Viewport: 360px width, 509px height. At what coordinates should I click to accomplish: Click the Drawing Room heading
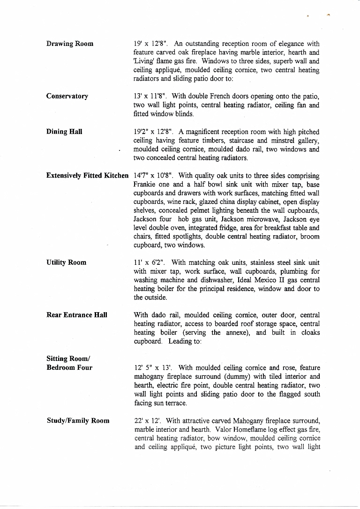(x=69, y=44)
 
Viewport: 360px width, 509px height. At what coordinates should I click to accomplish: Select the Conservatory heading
(x=67, y=96)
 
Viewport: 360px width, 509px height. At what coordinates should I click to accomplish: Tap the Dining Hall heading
(x=64, y=131)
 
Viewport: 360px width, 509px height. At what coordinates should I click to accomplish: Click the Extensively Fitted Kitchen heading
(x=87, y=175)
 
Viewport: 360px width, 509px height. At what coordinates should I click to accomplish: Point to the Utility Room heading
(x=66, y=262)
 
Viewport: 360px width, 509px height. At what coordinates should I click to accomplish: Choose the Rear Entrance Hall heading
(x=77, y=315)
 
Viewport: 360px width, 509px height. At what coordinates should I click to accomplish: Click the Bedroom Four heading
(x=69, y=367)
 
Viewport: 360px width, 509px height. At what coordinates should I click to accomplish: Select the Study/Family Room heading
(x=78, y=420)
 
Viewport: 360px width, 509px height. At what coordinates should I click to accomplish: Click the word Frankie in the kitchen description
(x=145, y=184)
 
